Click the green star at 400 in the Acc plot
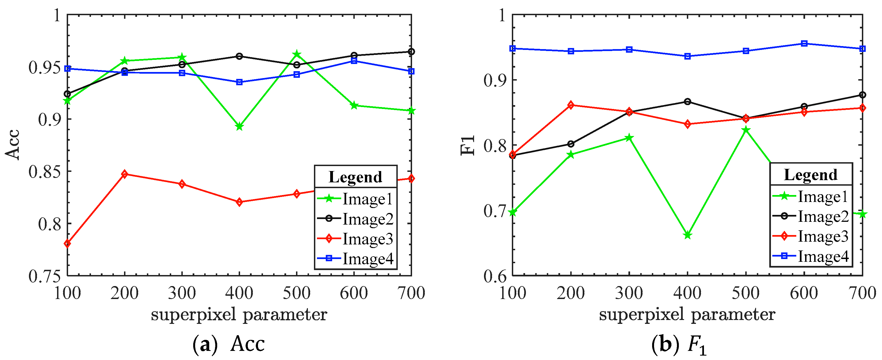tap(239, 127)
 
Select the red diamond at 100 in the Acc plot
tap(68, 244)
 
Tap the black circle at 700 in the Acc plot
tap(411, 52)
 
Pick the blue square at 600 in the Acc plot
tap(354, 61)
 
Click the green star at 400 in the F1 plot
tap(687, 235)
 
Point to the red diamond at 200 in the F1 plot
tap(571, 105)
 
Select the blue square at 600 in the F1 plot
tap(804, 44)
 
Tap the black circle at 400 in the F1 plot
tap(687, 102)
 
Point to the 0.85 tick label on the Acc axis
tap(44, 172)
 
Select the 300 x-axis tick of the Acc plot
tap(182, 293)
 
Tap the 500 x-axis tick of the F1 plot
tap(746, 293)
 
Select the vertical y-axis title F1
tap(468, 145)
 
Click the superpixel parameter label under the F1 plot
tap(687, 314)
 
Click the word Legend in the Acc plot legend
tap(355, 177)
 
